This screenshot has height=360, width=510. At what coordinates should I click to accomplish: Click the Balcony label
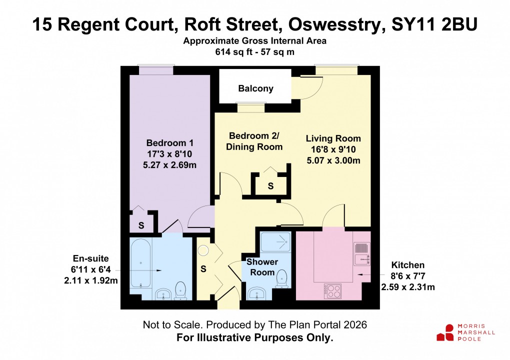click(255, 88)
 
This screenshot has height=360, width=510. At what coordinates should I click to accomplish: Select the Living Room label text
click(333, 138)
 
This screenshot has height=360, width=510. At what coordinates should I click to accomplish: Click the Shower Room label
click(262, 267)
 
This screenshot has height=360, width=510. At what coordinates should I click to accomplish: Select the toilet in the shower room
click(282, 278)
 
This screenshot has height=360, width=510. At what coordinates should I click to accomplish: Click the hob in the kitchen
click(332, 290)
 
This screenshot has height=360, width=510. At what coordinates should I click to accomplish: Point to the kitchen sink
click(361, 258)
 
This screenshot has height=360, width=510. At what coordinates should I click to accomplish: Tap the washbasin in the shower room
click(258, 293)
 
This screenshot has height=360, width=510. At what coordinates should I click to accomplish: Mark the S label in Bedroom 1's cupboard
click(141, 225)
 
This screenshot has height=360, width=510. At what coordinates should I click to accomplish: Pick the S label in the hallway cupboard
click(203, 268)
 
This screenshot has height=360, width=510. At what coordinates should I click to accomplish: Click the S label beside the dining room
click(270, 186)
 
